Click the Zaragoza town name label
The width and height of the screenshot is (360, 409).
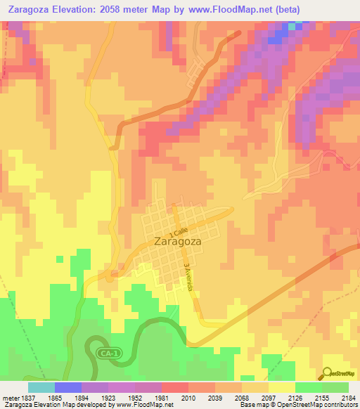click(x=176, y=241)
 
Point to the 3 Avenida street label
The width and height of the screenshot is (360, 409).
click(x=188, y=275)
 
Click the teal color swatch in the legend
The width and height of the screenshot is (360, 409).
click(x=41, y=387)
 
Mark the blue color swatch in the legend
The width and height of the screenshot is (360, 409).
click(x=68, y=387)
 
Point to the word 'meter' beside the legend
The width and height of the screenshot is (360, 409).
click(x=8, y=397)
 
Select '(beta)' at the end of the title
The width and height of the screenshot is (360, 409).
click(x=287, y=10)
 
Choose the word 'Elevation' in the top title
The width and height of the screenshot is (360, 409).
click(x=75, y=10)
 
